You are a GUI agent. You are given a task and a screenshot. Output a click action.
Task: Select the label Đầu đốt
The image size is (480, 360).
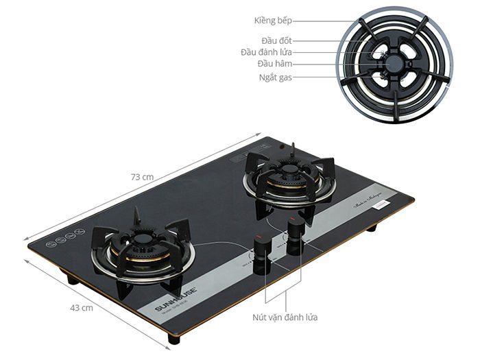click(x=276, y=41)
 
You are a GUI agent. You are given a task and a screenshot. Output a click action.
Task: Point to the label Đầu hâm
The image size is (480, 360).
click(x=275, y=64)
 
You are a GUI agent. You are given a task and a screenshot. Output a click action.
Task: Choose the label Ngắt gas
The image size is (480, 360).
click(x=274, y=77)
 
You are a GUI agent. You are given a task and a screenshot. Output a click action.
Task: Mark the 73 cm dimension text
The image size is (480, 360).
click(x=142, y=176)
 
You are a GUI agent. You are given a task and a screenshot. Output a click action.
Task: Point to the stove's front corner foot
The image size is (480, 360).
click(x=174, y=339)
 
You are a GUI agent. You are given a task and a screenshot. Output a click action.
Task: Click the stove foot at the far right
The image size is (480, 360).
click(x=371, y=227)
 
